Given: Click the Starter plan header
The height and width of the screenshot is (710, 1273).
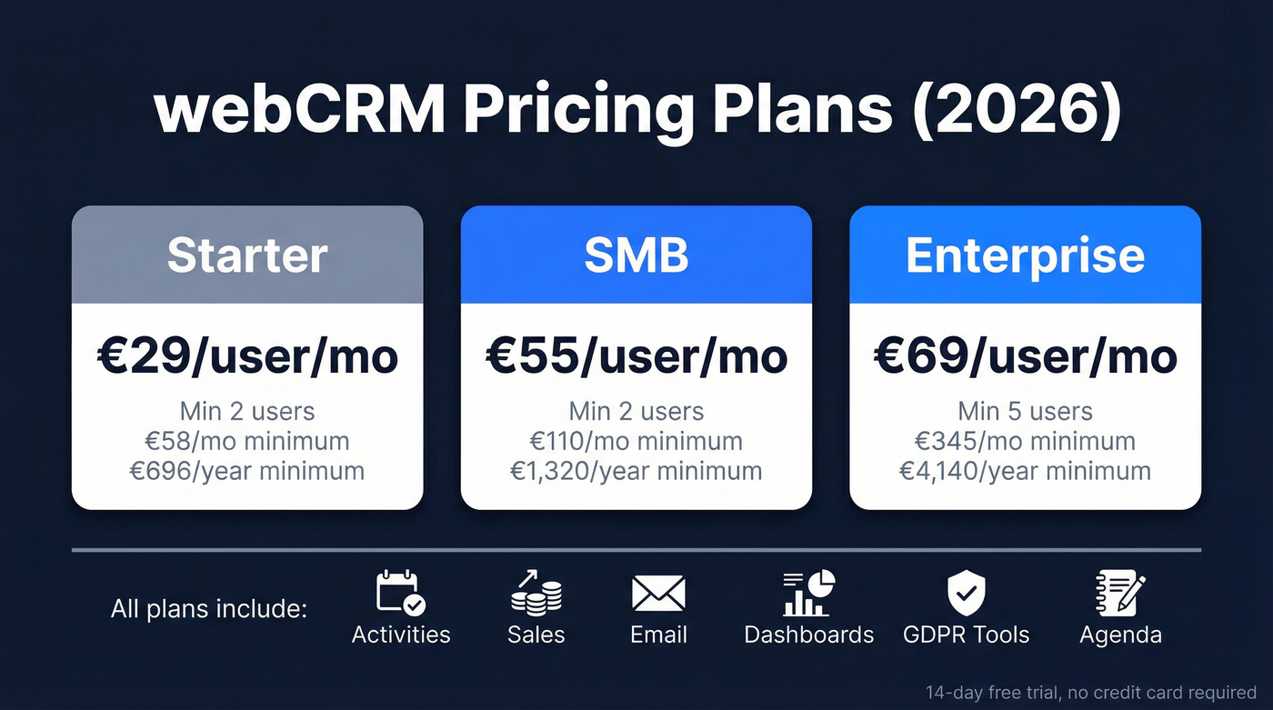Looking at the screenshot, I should point(247,255).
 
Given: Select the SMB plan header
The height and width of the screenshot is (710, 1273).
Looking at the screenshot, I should point(636,255).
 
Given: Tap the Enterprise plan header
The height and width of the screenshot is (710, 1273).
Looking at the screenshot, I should point(1025,255).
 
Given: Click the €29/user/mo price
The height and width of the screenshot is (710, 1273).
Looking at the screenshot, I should point(247,356).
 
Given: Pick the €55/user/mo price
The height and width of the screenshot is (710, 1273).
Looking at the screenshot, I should point(636,356).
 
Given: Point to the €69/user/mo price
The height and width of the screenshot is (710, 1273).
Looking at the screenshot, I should point(1025,356).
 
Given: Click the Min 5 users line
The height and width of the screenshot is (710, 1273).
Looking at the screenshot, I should point(1025,411).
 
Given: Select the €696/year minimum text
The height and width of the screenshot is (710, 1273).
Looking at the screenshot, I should point(247,471).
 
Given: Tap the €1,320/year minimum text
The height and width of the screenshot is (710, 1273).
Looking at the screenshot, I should point(636,471).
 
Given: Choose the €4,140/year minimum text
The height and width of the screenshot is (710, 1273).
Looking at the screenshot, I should point(1025,471).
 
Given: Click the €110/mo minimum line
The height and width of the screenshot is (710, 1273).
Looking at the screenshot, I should point(636,441).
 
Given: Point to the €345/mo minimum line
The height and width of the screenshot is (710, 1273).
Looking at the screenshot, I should point(1025,441).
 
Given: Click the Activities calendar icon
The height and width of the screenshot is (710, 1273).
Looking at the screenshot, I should point(401,593).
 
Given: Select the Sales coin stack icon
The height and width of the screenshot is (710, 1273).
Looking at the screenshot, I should point(536,593).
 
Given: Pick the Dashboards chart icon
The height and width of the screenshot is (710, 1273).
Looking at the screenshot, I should point(808,593).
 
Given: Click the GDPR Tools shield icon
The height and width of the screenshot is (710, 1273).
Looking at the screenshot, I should point(967,593).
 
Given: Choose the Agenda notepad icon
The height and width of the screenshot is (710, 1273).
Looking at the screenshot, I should point(1120,593).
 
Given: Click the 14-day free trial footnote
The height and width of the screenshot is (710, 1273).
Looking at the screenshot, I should point(1091,693).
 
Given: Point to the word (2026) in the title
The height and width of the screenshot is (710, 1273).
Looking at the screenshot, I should point(1018,111).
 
